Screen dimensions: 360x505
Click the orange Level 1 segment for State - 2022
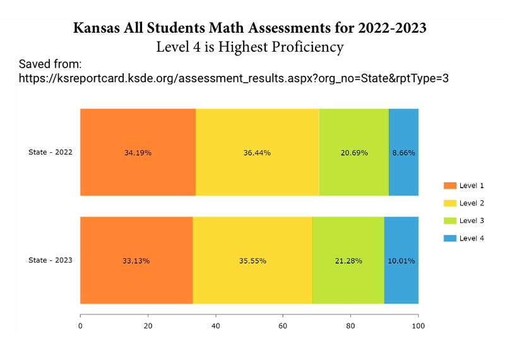coord(138,171)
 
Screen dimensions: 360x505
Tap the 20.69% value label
coord(354,153)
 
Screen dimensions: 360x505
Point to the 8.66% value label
coord(404,153)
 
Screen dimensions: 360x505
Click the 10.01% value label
coord(401,260)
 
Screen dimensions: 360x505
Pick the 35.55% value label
coord(252,260)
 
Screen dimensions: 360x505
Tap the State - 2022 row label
coord(50,152)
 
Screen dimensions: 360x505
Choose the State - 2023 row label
coord(50,260)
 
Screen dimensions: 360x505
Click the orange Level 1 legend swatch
coord(449,186)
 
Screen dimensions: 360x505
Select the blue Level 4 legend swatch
coord(449,238)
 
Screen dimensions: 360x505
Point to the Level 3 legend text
coord(472,220)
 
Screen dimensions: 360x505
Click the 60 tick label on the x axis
coord(283,326)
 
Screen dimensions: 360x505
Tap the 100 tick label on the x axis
coord(418,326)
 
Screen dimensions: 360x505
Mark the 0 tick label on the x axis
coord(80,326)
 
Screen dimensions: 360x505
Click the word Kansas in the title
coord(98,28)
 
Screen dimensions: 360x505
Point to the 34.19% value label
coord(138,153)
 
